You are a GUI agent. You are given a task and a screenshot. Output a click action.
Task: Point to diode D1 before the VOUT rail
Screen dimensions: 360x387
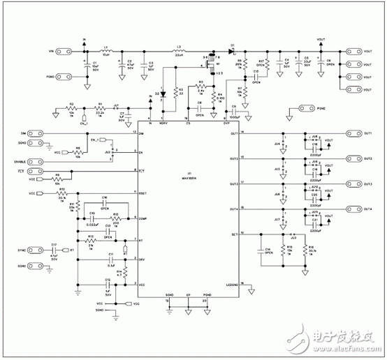click(x=235, y=51)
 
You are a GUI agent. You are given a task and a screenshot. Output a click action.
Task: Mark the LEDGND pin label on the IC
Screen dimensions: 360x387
click(x=233, y=284)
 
